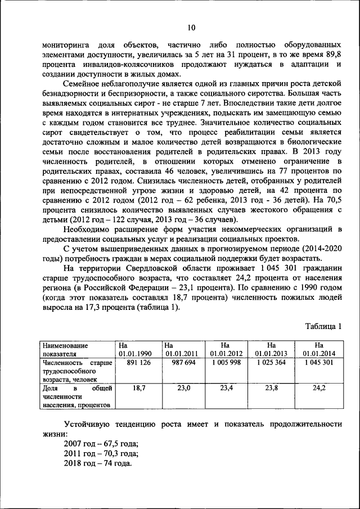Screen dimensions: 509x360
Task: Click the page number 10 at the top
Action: pos(191,28)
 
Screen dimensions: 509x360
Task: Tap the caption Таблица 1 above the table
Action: pos(323,327)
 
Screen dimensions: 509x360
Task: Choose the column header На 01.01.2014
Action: pos(318,349)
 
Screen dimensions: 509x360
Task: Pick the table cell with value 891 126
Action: pos(138,363)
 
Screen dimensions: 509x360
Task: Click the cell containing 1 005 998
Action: pos(227,363)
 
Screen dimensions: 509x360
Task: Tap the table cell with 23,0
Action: pos(183,388)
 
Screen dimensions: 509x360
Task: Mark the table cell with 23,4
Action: pos(227,388)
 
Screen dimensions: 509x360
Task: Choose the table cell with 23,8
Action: pos(273,388)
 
